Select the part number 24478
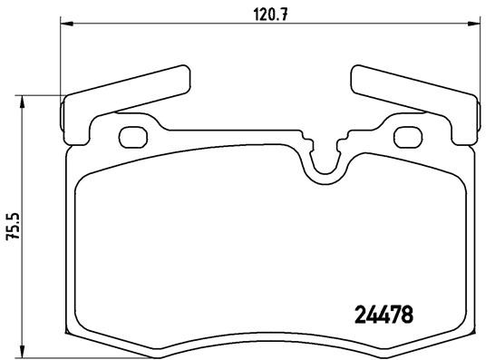382,316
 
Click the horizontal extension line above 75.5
41,94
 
